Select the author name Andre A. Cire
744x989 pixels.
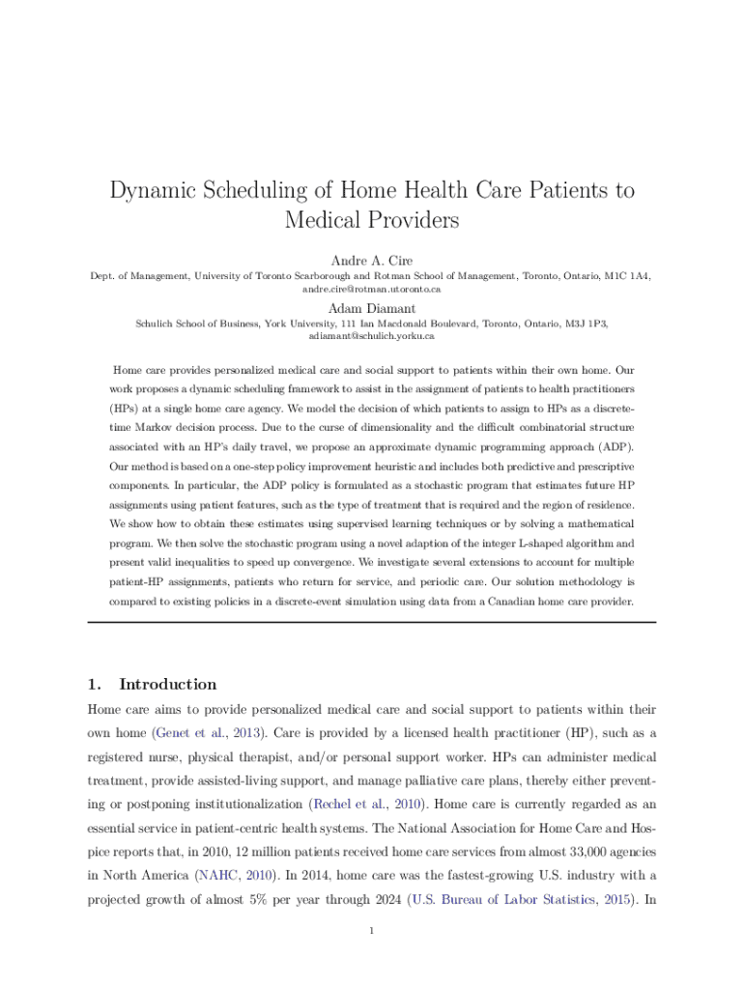tap(372, 261)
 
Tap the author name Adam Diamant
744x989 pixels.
tap(372, 308)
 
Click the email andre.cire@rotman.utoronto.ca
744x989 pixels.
tap(372, 289)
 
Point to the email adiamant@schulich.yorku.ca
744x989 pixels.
tap(372, 336)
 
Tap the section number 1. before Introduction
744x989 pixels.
tap(94, 684)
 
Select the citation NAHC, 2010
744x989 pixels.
tap(236, 876)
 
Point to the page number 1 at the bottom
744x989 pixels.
tap(372, 931)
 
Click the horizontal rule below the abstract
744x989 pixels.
tap(372, 622)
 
